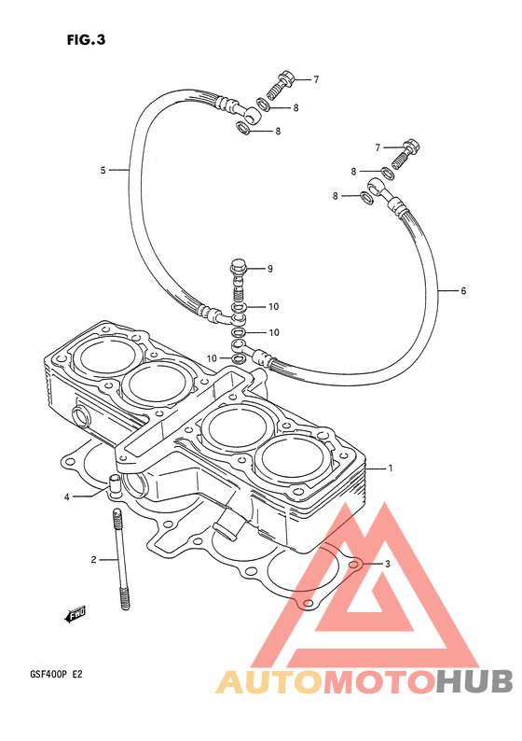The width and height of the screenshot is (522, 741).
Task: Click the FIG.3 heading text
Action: tap(86, 40)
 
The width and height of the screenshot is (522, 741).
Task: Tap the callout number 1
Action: tap(391, 468)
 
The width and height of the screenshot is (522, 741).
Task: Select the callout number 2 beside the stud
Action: tap(93, 560)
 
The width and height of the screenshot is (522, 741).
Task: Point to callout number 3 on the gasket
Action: tap(388, 564)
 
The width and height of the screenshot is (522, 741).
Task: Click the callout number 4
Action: tap(66, 497)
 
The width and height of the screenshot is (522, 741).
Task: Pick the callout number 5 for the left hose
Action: tap(103, 170)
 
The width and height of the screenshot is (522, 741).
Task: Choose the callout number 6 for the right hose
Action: tap(463, 290)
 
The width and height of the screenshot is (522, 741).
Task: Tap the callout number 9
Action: tap(270, 269)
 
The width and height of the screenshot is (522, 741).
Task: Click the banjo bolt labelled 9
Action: tap(239, 280)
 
